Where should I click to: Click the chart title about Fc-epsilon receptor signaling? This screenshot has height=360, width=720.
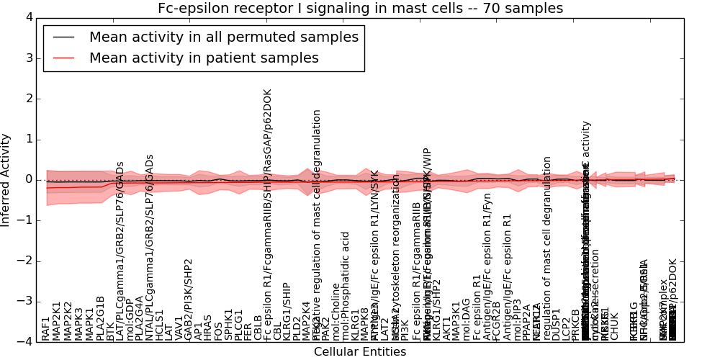[x=361, y=9]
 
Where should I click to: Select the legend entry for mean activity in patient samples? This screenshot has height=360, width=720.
[x=204, y=58]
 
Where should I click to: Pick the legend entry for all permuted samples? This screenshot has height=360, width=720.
[x=223, y=37]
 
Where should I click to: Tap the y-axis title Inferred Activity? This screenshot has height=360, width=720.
[x=6, y=179]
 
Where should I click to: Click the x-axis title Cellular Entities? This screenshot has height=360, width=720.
[x=360, y=352]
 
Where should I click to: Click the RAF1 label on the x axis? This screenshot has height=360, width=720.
[x=46, y=328]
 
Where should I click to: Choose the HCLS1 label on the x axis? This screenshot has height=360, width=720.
[x=160, y=325]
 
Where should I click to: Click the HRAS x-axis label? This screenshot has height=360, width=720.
[x=208, y=327]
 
